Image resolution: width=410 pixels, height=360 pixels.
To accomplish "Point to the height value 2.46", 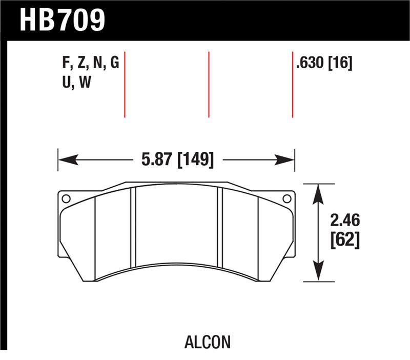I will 344,222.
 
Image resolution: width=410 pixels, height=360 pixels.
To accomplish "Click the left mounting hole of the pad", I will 65,198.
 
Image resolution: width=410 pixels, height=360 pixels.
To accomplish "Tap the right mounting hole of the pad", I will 287,198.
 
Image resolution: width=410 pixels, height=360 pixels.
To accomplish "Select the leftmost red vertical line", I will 125,84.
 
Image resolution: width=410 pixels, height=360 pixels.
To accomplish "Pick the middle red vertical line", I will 209,84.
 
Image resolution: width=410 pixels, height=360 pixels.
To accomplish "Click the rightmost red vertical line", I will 293,84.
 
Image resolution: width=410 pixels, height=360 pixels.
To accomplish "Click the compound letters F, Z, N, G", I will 90,64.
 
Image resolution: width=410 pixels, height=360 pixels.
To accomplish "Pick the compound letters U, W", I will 76,83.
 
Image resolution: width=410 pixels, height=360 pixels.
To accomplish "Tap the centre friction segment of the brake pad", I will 176,226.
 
